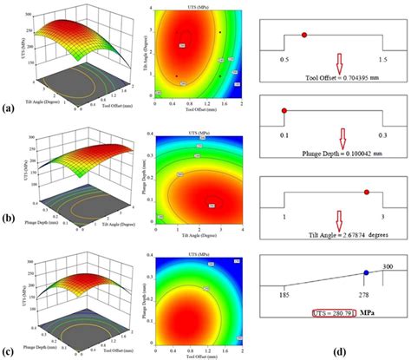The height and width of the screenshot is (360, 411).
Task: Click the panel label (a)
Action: (8, 109)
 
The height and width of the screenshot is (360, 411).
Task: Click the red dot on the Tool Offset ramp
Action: (304, 35)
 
